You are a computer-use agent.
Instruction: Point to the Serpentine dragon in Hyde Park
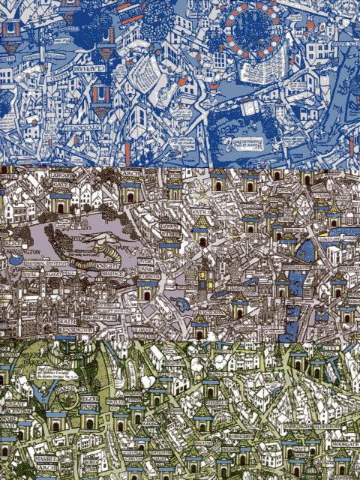pyautogui.click(x=97, y=247)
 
